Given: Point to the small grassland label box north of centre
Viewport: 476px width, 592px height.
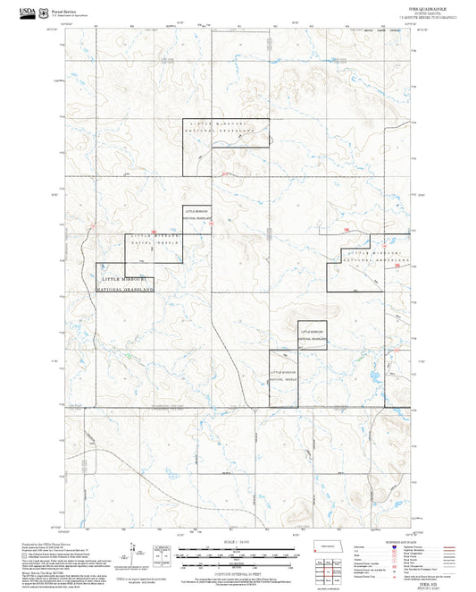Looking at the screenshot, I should (196, 215).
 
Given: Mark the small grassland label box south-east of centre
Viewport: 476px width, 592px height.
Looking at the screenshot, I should (312, 334).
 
